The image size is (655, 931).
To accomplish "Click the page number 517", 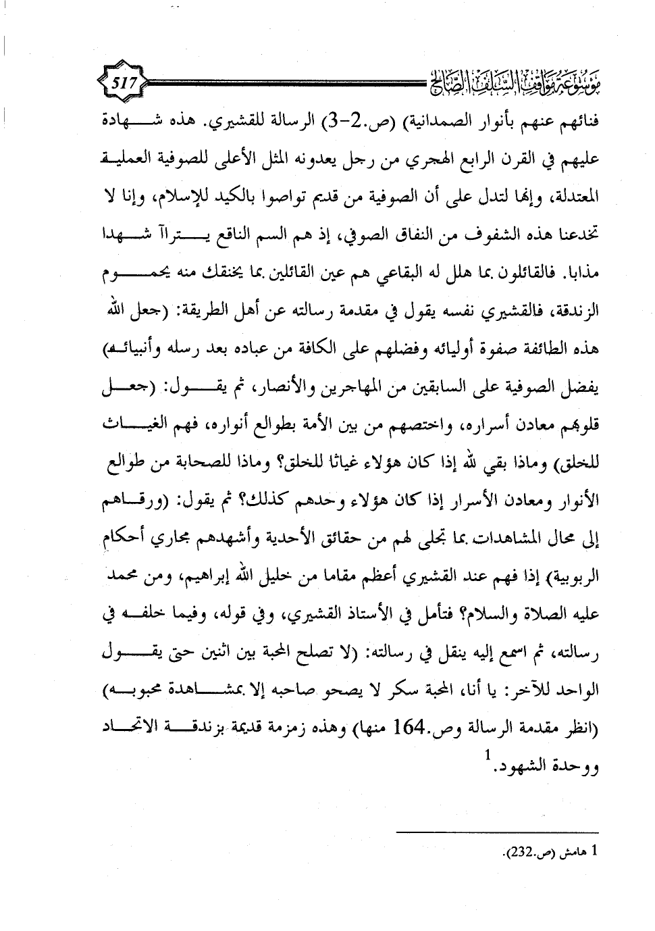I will (125, 84).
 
